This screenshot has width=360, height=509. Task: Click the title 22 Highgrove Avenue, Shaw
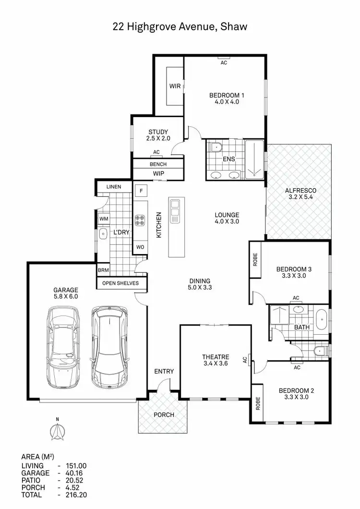pyautogui.click(x=180, y=27)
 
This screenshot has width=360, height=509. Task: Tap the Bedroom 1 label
pyautogui.click(x=224, y=98)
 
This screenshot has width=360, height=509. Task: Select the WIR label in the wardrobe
pyautogui.click(x=175, y=86)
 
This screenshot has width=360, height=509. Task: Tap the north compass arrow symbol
pyautogui.click(x=57, y=432)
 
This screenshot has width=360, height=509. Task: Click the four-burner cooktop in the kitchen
pyautogui.click(x=140, y=220)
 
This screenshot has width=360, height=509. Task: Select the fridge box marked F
pyautogui.click(x=141, y=190)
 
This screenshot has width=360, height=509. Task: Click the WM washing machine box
pyautogui.click(x=103, y=219)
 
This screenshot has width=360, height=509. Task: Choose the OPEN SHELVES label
pyautogui.click(x=120, y=283)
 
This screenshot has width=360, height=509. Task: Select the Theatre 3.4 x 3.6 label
pyautogui.click(x=215, y=361)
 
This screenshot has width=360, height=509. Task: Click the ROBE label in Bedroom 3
pyautogui.click(x=254, y=260)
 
